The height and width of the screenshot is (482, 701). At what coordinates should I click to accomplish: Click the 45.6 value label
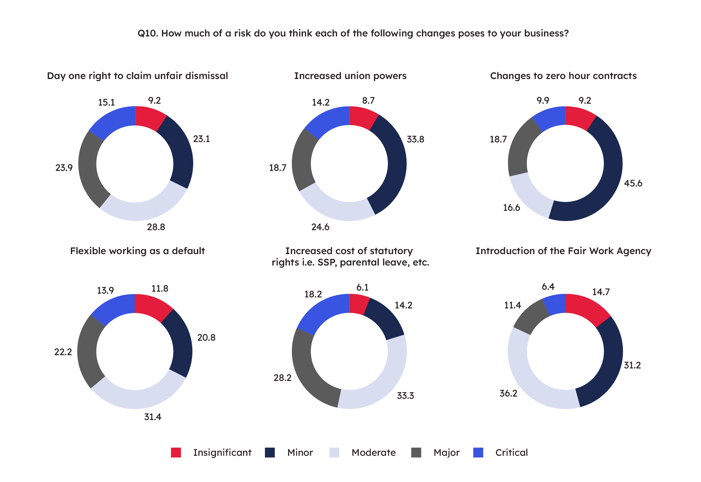pyautogui.click(x=633, y=183)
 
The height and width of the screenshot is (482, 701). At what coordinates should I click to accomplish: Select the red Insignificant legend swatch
pyautogui.click(x=176, y=452)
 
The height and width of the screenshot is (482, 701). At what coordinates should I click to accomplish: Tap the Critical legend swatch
pyautogui.click(x=479, y=452)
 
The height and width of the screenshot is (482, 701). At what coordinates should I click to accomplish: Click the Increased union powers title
pyautogui.click(x=350, y=76)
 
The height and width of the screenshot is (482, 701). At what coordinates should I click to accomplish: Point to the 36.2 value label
pyautogui.click(x=508, y=394)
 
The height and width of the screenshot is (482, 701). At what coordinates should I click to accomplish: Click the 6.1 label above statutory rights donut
pyautogui.click(x=362, y=288)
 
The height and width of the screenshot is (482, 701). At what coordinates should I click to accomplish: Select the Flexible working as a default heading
pyautogui.click(x=137, y=251)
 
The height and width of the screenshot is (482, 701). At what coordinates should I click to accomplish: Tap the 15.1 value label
pyautogui.click(x=106, y=103)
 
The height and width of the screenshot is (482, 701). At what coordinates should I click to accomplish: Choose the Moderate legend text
pyautogui.click(x=373, y=453)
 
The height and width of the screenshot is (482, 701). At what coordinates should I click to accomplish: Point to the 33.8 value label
pyautogui.click(x=415, y=139)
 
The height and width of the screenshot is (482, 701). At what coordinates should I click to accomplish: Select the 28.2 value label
pyautogui.click(x=282, y=378)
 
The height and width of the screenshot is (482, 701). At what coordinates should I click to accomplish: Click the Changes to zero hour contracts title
pyautogui.click(x=563, y=76)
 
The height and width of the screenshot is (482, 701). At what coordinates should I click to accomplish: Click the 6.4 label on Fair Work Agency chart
pyautogui.click(x=548, y=287)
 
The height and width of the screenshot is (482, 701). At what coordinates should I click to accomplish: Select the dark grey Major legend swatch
pyautogui.click(x=416, y=452)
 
